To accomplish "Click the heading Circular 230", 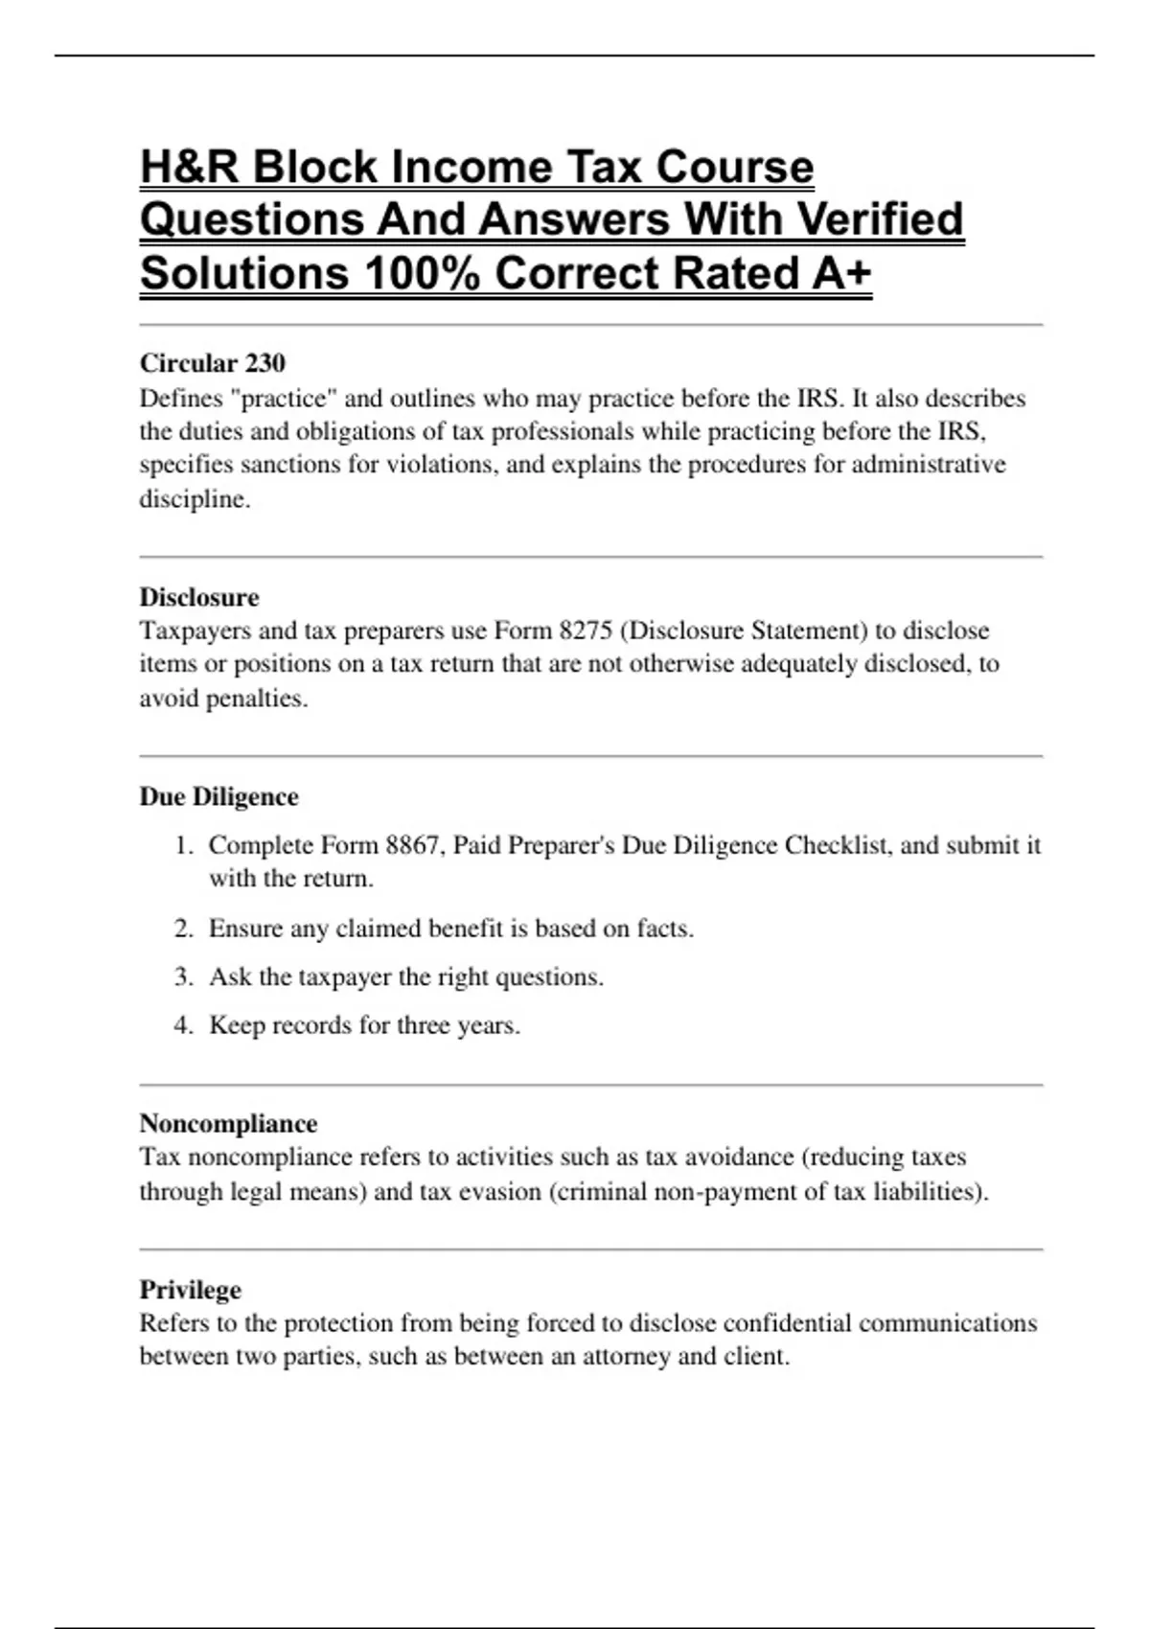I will click(212, 363).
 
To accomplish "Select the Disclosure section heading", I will click(199, 597).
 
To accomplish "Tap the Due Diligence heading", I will click(218, 796).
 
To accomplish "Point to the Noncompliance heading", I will click(228, 1123).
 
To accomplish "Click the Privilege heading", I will click(190, 1289).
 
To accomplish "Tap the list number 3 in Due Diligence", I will click(183, 977).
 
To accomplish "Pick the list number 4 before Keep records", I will click(183, 1025).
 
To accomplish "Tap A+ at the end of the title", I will click(840, 273).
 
